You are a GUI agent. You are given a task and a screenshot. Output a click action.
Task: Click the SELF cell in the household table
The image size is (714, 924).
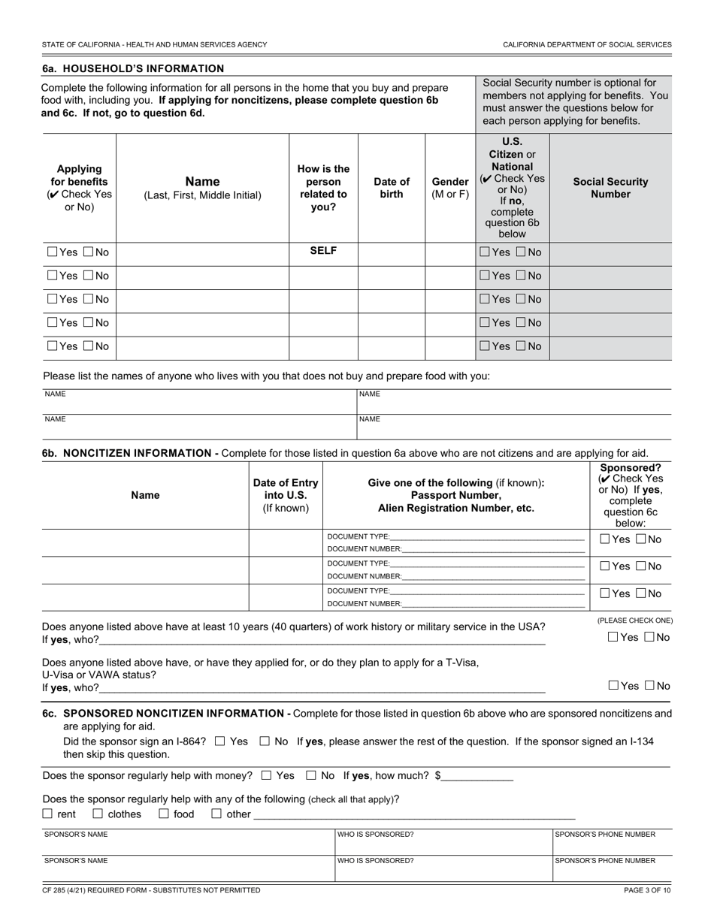pos(323,252)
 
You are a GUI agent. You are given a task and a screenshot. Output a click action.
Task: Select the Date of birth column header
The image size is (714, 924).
pos(392,188)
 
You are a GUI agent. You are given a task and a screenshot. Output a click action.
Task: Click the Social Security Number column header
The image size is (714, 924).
pos(610,188)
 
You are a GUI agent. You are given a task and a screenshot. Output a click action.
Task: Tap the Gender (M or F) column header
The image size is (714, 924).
pos(450,188)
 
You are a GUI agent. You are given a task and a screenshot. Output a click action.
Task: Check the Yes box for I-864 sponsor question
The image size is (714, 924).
pos(219,741)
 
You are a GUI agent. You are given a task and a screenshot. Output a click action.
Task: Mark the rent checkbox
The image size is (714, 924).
pos(47,814)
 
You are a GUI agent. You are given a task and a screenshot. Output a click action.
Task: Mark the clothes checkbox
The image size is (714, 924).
pos(98,814)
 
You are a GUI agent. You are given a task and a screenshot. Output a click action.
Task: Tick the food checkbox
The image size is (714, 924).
pos(163,814)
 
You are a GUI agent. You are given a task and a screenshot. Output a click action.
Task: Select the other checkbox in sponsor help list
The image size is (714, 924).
pos(216,814)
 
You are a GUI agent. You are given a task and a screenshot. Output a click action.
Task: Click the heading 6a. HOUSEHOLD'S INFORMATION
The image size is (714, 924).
pos(133,68)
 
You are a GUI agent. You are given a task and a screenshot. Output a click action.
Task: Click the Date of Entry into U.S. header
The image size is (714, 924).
pos(286,495)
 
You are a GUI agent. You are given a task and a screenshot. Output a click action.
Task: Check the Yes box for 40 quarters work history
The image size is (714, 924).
pos(613,638)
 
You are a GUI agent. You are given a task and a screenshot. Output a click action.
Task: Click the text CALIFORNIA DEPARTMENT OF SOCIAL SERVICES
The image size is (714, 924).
pos(587,44)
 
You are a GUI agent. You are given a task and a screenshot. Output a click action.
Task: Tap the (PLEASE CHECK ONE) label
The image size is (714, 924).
pos(635,621)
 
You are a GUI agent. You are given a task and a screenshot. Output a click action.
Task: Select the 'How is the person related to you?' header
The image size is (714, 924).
pos(323,188)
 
